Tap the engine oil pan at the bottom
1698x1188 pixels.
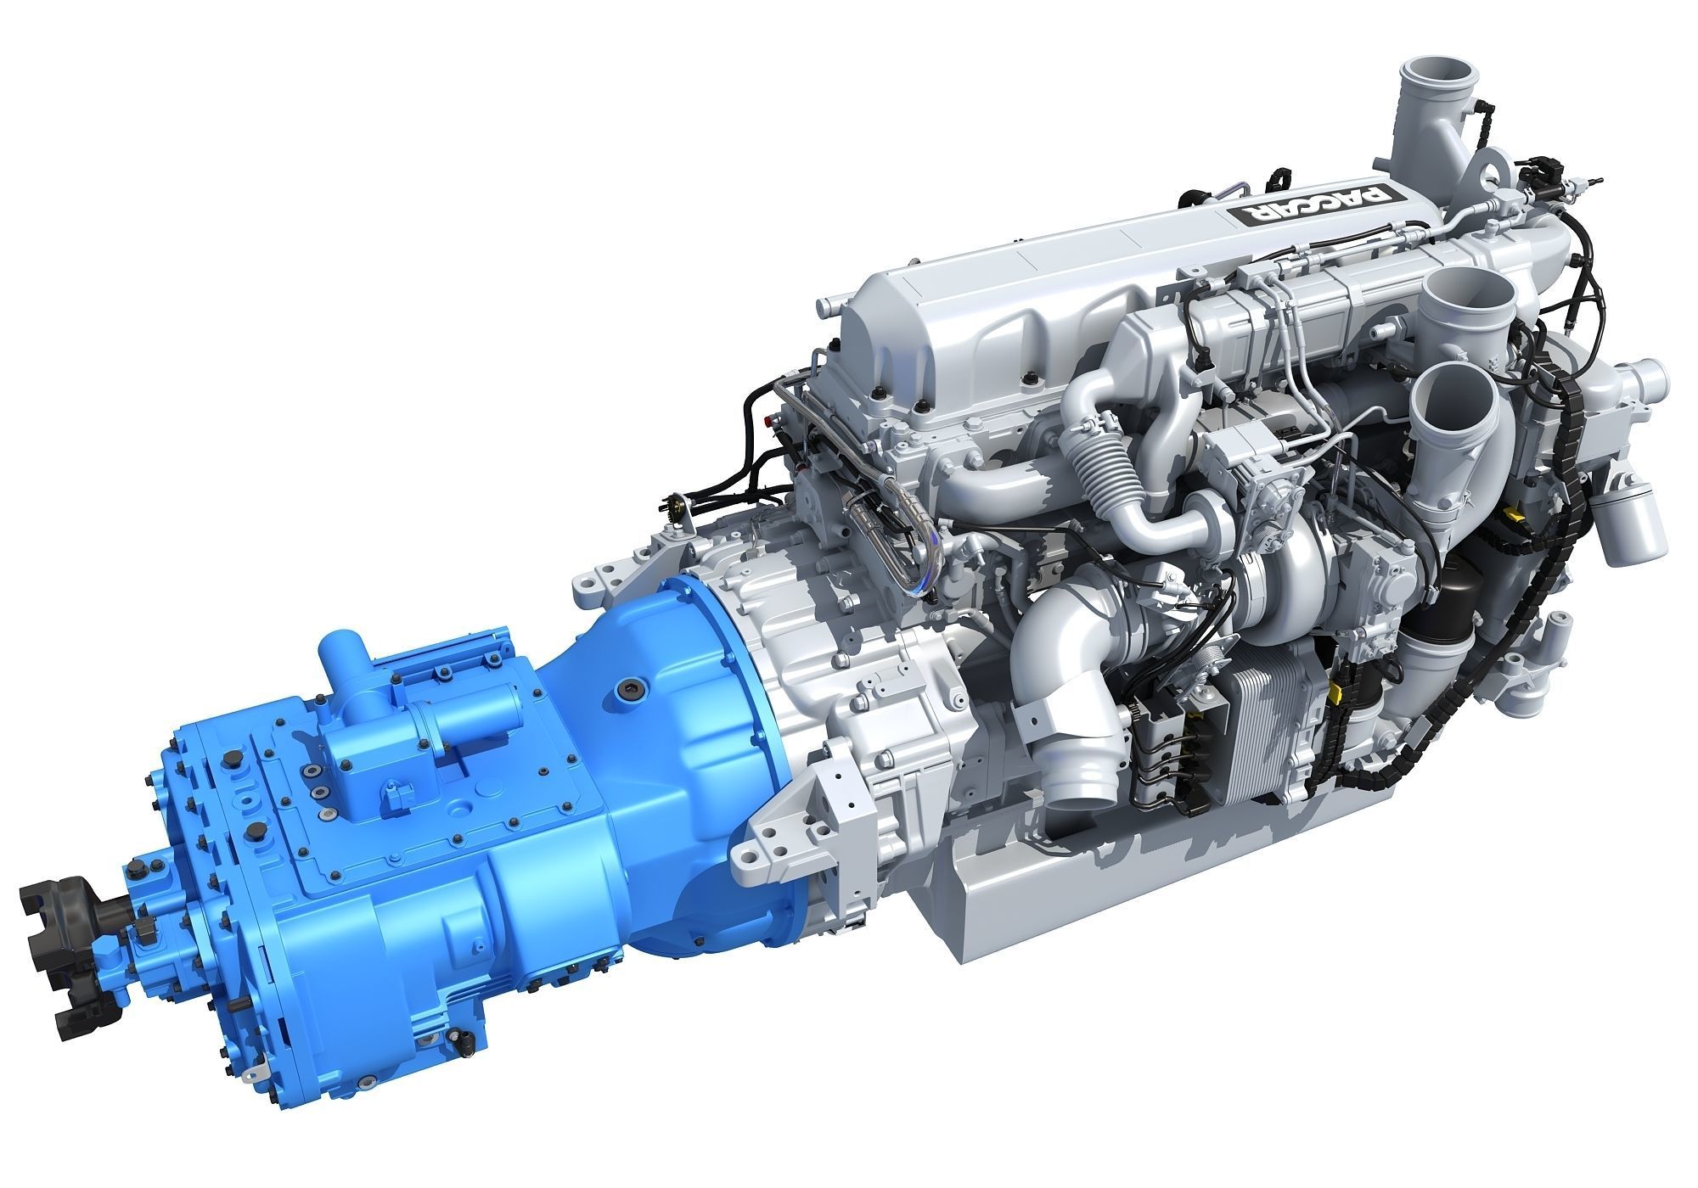pos(1104,916)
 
